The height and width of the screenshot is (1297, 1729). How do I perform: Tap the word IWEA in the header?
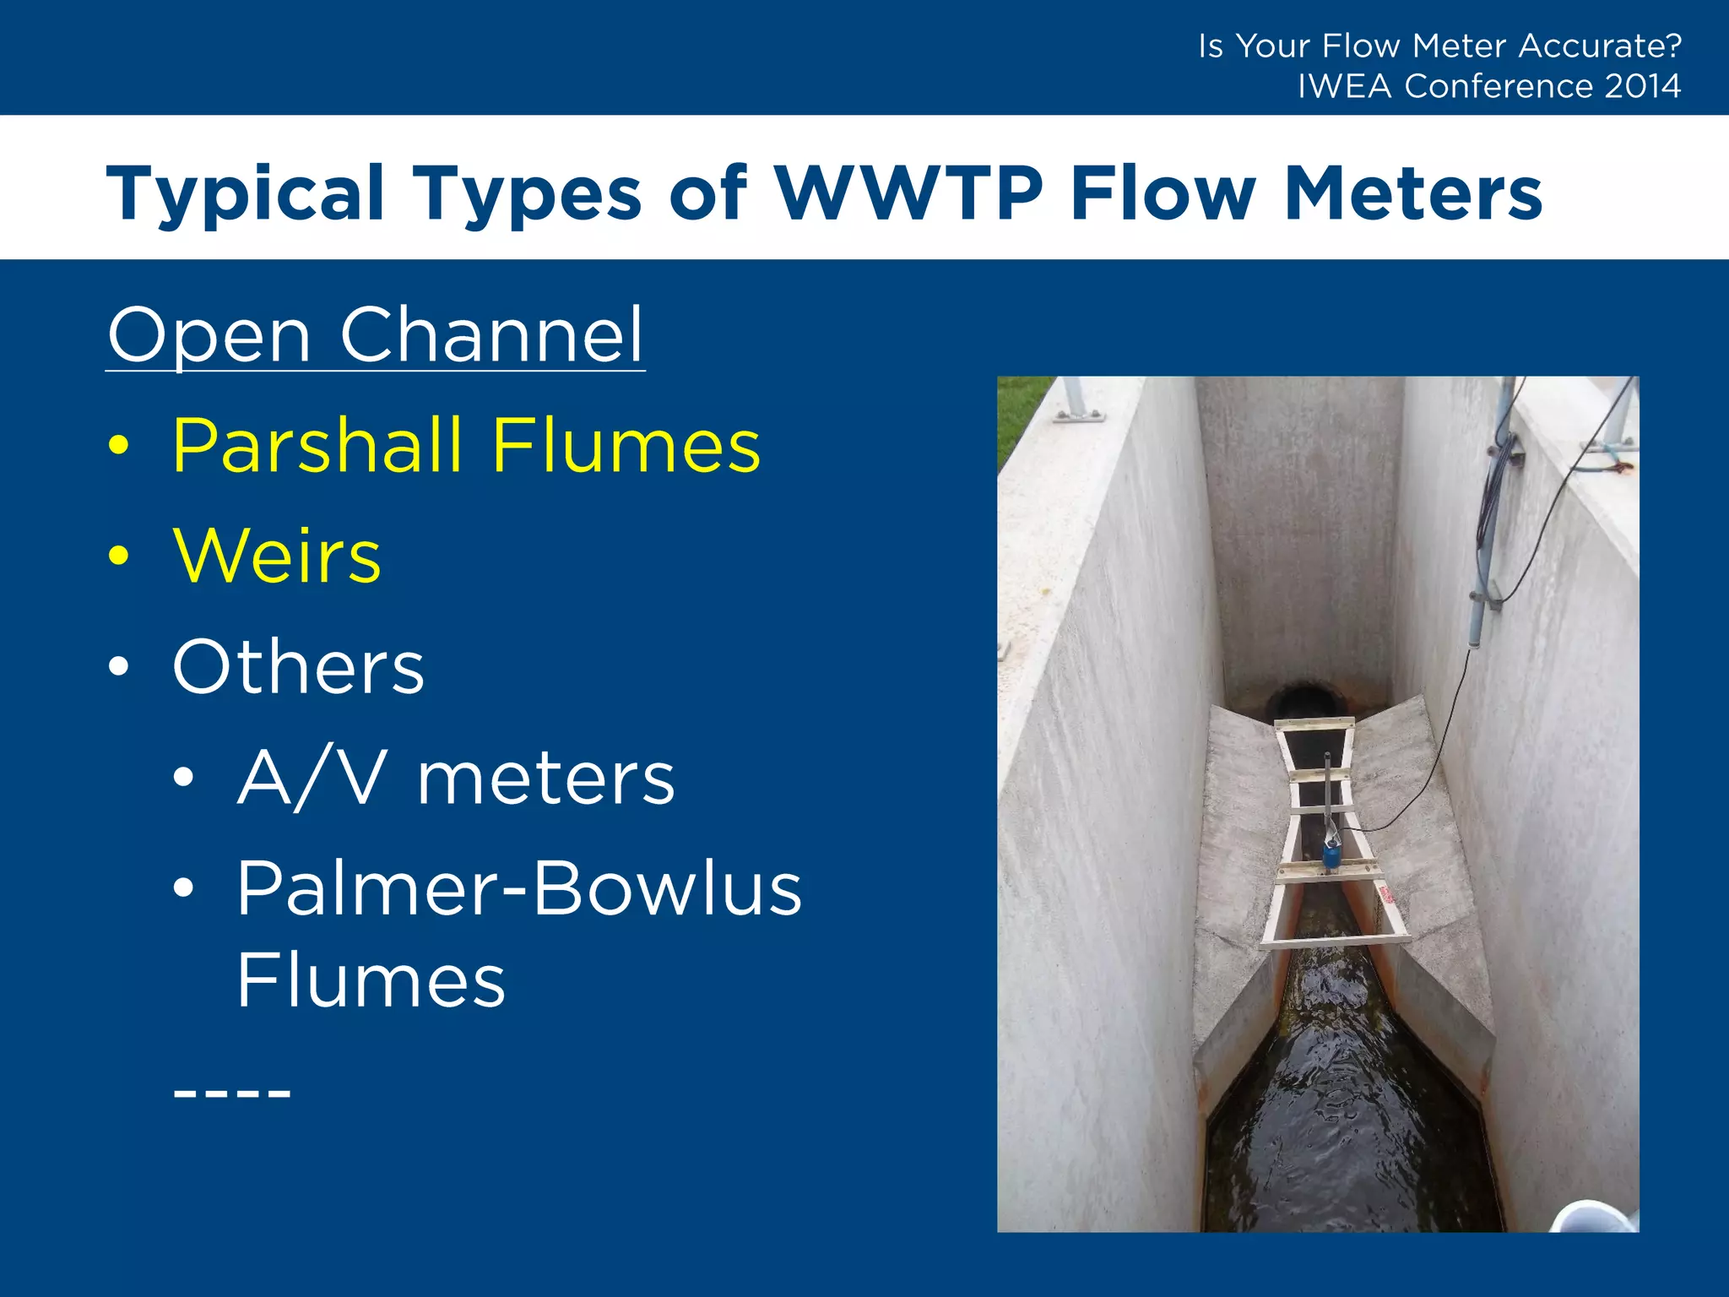click(1344, 86)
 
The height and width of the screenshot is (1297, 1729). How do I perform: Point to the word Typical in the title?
click(246, 193)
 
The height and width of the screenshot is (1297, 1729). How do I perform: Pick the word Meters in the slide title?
click(1413, 193)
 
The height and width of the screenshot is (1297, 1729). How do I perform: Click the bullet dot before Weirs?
click(119, 556)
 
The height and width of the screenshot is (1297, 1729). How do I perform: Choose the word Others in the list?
click(298, 667)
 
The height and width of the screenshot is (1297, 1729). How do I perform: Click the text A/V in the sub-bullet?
click(312, 778)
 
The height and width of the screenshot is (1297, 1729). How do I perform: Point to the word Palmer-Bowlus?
click(518, 888)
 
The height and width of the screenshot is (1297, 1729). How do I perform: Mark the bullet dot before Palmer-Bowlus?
click(183, 888)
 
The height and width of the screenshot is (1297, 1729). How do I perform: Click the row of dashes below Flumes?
click(231, 1093)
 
